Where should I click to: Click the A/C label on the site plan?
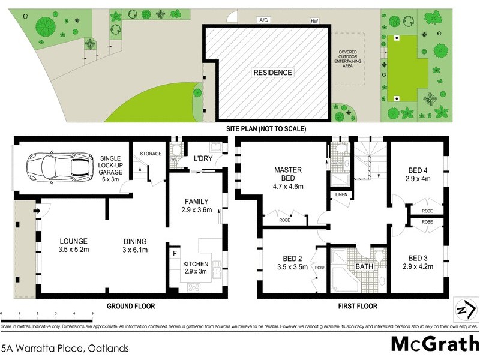coord(263,20)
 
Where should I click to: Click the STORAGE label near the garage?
coord(151,154)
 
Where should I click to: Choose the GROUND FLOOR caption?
coord(130,306)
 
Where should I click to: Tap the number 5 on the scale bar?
coord(92,314)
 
